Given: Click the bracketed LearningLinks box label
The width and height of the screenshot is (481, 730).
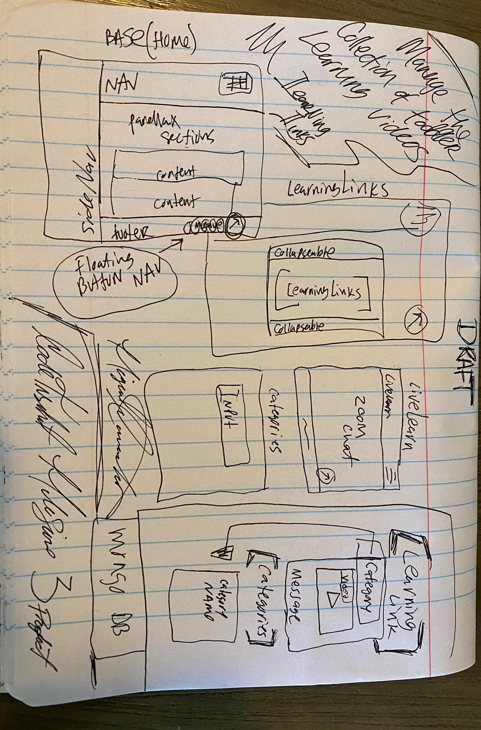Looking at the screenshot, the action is [323, 292].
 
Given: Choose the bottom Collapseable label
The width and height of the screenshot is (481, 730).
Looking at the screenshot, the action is [299, 327].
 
